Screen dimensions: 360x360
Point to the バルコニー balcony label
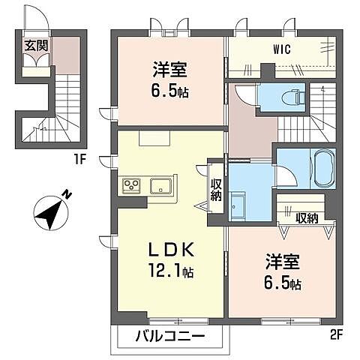169,336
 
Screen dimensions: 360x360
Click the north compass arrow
52,212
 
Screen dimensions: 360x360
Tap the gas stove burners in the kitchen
133,184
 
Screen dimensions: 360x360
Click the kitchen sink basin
160,185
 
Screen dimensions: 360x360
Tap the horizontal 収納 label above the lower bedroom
307,219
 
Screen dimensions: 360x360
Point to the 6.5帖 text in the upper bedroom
170,91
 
